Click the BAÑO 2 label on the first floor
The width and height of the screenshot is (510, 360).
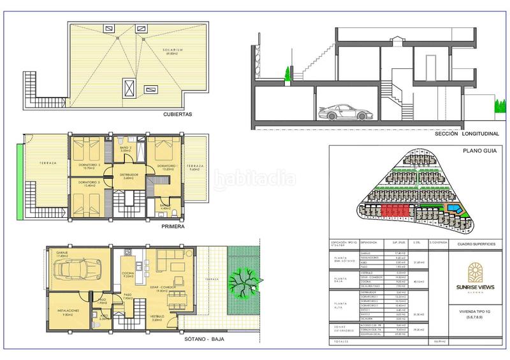coord(125,148)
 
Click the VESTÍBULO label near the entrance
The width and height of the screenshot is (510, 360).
coord(157,315)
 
